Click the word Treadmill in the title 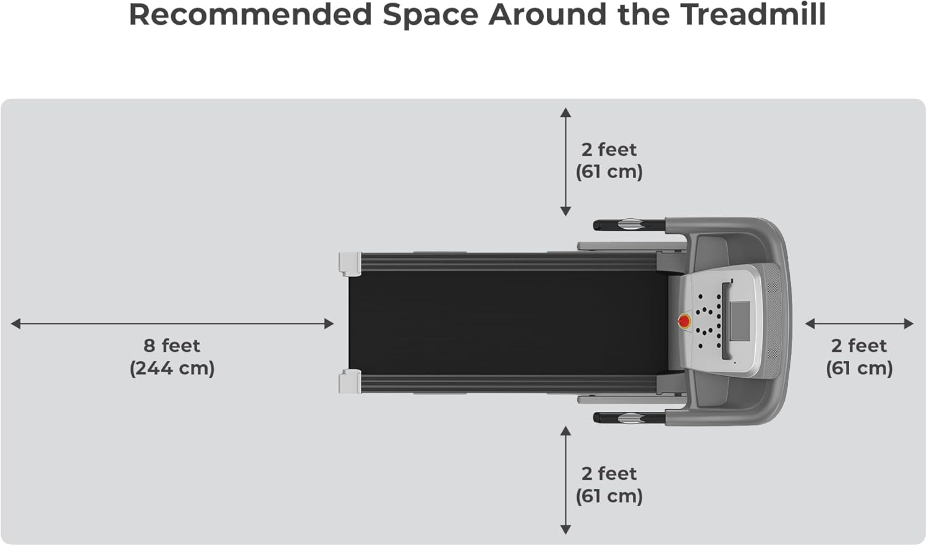(753, 15)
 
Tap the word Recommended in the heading (250, 15)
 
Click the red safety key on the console (684, 321)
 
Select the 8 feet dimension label (172, 345)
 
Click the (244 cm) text (172, 368)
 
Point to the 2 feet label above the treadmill (609, 150)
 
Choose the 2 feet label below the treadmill (609, 474)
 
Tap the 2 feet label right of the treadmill (859, 345)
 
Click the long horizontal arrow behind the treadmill (172, 323)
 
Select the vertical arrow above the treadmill (565, 162)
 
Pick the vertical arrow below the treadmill (565, 480)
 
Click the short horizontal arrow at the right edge (859, 323)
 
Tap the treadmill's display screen (740, 320)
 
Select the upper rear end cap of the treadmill (350, 263)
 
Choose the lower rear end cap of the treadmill (350, 381)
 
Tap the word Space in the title (430, 15)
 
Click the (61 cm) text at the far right (859, 368)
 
